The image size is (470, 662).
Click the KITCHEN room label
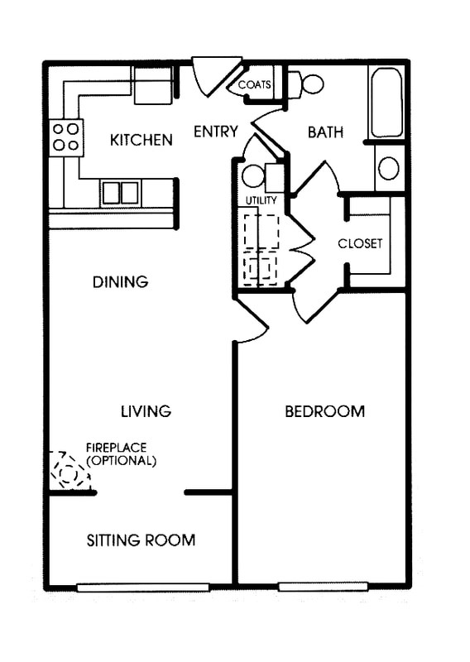(x=141, y=140)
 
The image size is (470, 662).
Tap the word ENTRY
(x=216, y=132)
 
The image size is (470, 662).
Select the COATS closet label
(x=254, y=85)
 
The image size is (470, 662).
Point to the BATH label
(x=325, y=132)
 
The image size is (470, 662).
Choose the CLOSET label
(x=360, y=243)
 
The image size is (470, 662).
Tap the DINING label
(x=120, y=282)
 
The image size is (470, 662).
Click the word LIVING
(x=146, y=410)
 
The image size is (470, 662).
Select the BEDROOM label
(x=324, y=411)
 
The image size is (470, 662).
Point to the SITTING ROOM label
(x=141, y=540)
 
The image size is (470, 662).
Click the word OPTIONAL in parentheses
(x=122, y=460)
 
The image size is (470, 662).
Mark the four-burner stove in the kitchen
(x=66, y=137)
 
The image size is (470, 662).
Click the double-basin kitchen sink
(x=121, y=192)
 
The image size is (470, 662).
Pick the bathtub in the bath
(x=387, y=103)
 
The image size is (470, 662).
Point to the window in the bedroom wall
(x=323, y=587)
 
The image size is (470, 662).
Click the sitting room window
(x=142, y=587)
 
